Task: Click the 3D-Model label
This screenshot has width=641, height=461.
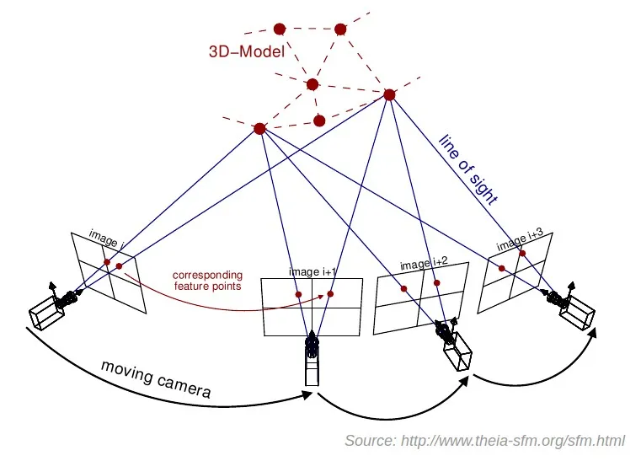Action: (x=246, y=51)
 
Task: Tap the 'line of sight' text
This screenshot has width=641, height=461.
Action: (x=467, y=168)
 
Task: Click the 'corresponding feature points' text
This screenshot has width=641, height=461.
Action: (x=207, y=281)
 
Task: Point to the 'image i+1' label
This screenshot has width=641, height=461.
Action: (x=312, y=271)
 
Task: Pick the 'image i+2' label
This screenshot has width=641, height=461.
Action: (x=423, y=265)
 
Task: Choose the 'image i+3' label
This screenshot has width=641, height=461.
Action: (x=516, y=241)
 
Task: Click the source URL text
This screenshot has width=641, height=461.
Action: (x=483, y=442)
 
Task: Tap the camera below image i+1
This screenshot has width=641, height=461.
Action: (x=312, y=357)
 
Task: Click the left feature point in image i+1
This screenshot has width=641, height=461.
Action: (x=298, y=294)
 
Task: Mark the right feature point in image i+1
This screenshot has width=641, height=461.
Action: (x=330, y=294)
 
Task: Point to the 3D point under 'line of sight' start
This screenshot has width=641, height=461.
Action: (x=389, y=95)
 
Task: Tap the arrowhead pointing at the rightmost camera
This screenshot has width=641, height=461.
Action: (x=591, y=332)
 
